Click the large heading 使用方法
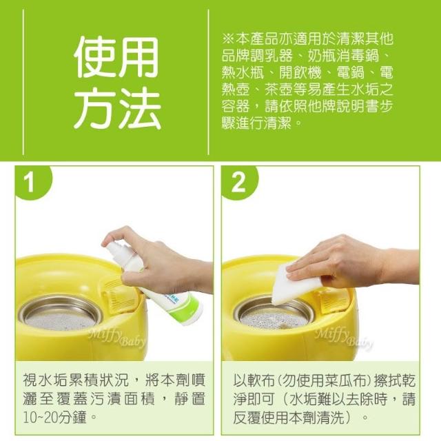117,83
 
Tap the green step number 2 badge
239,183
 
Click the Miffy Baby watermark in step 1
116,337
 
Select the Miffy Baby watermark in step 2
345,338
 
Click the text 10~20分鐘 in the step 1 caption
55,418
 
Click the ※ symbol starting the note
227,39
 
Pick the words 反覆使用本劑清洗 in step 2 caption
289,418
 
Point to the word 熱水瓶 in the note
243,73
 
